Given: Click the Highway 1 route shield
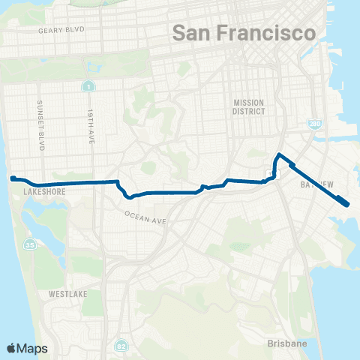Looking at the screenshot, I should [88, 87].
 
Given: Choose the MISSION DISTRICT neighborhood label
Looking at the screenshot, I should [249, 107].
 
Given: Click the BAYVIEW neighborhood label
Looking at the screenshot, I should [316, 183].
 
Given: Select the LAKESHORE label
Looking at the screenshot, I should [42, 192].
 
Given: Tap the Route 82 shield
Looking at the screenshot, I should [121, 346].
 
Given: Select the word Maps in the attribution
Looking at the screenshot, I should [33, 348].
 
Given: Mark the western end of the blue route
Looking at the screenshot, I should [12, 178].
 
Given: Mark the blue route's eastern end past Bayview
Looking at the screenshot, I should [346, 203].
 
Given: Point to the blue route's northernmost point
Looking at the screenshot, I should [280, 154].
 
